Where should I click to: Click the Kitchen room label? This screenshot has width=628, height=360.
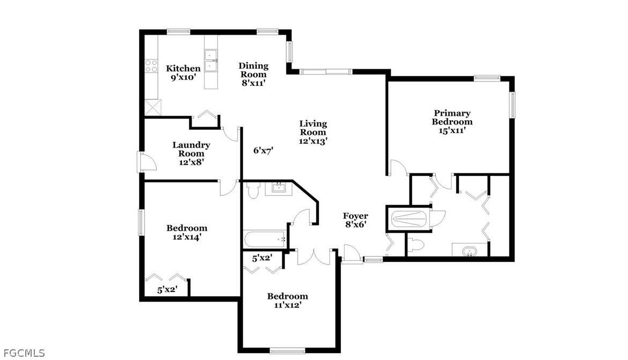click(x=183, y=69)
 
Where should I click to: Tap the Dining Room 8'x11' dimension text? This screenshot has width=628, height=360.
click(x=253, y=83)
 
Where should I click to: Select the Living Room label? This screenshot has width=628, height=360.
click(x=313, y=128)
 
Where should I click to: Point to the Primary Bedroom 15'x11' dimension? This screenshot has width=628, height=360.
click(x=452, y=130)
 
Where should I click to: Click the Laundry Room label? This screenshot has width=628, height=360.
click(x=191, y=149)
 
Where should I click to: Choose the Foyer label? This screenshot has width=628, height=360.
click(x=355, y=216)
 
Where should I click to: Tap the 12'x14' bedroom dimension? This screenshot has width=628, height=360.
click(x=187, y=237)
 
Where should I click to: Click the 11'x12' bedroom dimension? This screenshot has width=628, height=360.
click(x=288, y=305)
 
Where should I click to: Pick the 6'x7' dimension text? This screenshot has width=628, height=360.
click(x=263, y=151)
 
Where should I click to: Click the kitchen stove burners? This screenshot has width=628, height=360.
click(x=151, y=66)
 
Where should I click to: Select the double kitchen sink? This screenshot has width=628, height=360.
click(x=211, y=61)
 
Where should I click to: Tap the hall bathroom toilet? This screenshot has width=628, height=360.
click(x=253, y=191)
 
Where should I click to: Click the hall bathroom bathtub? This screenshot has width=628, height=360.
click(x=265, y=239)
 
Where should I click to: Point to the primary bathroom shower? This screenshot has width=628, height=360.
click(x=408, y=219)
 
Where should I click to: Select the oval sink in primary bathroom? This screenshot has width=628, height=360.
click(x=469, y=252)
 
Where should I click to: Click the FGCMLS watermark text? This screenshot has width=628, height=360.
click(x=24, y=353)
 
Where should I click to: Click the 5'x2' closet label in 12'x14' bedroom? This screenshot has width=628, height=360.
click(x=167, y=289)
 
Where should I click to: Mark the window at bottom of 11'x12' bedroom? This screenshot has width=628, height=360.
click(x=288, y=351)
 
